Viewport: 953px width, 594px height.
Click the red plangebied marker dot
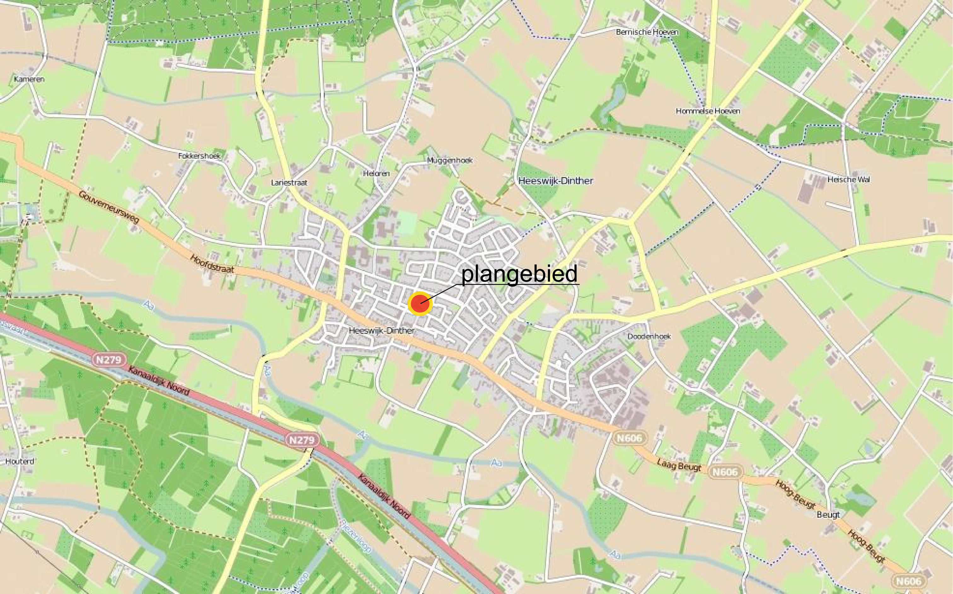(419, 303)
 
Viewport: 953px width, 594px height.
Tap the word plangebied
(519, 273)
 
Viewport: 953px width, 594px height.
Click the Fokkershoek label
(199, 156)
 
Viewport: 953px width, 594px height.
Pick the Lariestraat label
(289, 183)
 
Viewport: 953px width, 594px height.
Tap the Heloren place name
(376, 173)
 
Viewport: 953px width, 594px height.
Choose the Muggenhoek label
(449, 160)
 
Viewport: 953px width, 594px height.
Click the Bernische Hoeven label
(647, 32)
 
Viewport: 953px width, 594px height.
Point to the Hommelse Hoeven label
(708, 111)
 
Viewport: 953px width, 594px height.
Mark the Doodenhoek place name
(649, 336)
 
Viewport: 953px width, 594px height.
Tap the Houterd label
(20, 461)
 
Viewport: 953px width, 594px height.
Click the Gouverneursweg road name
(109, 207)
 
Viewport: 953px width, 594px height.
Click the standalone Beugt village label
(828, 515)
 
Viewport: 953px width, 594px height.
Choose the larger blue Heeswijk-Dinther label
(555, 181)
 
